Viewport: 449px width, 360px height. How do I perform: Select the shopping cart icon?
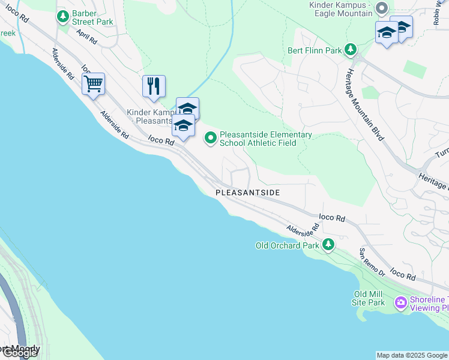pyautogui.click(x=93, y=85)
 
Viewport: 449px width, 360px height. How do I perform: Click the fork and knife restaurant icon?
pyautogui.click(x=154, y=86)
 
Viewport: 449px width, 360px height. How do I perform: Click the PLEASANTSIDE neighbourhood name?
pyautogui.click(x=248, y=193)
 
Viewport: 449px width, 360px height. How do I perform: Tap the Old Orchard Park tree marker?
pyautogui.click(x=328, y=244)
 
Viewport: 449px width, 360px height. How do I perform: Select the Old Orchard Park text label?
pyautogui.click(x=288, y=245)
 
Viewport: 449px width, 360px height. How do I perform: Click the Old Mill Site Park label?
pyautogui.click(x=369, y=298)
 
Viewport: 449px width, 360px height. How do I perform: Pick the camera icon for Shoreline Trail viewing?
pyautogui.click(x=400, y=304)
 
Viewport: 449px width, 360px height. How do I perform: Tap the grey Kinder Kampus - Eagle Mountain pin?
pyautogui.click(x=381, y=8)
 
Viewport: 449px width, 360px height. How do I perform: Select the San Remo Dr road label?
pyautogui.click(x=372, y=262)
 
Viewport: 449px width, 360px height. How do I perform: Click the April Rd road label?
pyautogui.click(x=87, y=38)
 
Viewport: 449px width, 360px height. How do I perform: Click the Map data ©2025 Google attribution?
pyautogui.click(x=412, y=355)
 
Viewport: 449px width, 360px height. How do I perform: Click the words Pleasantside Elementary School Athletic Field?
pyautogui.click(x=265, y=139)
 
